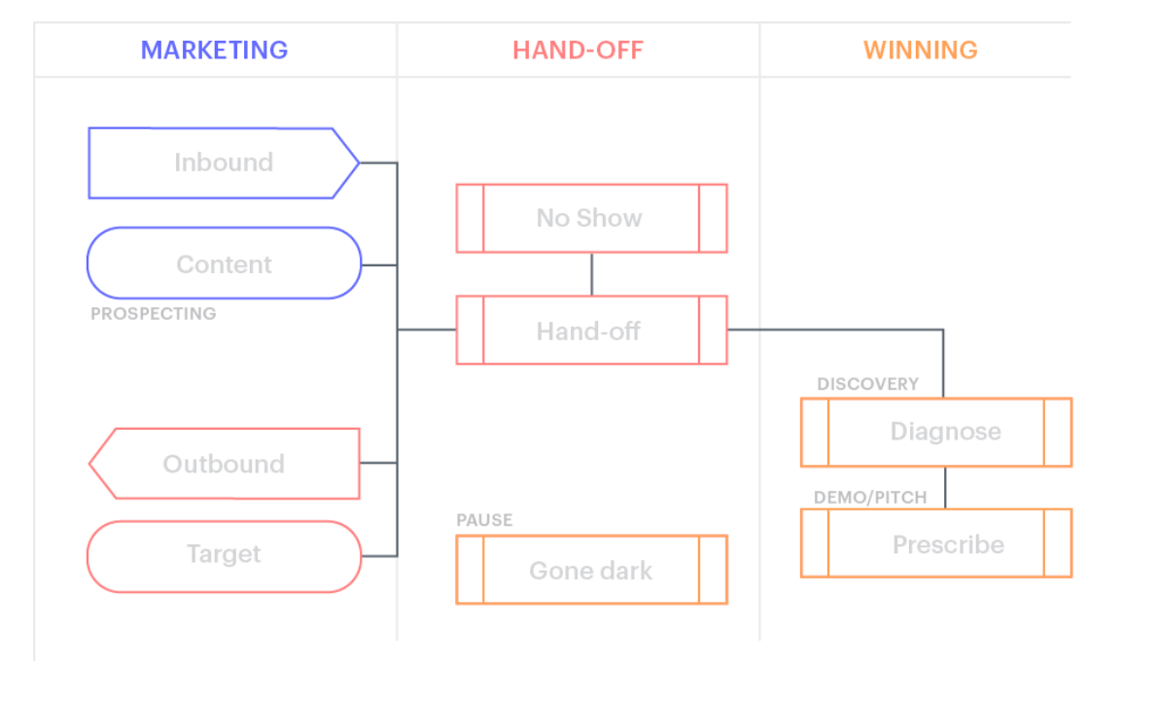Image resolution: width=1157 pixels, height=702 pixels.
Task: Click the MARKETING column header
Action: [x=214, y=50]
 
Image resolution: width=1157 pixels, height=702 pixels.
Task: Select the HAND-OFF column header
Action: [x=578, y=50]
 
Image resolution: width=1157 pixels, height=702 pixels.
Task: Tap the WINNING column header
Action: [x=920, y=50]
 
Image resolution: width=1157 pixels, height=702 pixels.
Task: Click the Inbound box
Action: [x=223, y=162]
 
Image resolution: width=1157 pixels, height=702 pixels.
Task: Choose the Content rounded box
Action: [x=224, y=263]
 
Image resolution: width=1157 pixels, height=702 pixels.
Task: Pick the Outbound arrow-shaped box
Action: [x=224, y=464]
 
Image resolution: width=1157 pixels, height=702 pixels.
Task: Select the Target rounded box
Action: [x=224, y=555]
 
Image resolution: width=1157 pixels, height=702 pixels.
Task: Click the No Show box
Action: [x=590, y=218]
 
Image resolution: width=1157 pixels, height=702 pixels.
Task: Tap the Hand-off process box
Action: [x=590, y=331]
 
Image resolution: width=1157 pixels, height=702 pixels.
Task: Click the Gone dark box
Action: [x=590, y=570]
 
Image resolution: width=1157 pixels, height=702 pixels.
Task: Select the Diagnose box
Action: [x=935, y=432]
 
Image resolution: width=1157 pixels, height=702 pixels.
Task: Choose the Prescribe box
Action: [x=935, y=544]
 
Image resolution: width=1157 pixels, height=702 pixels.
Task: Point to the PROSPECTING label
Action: [x=153, y=314]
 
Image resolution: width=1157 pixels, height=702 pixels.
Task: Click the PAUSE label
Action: [x=484, y=520]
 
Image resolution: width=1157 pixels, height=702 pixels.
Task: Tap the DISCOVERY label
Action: [x=866, y=384]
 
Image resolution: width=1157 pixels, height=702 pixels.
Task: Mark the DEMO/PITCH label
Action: [x=869, y=498]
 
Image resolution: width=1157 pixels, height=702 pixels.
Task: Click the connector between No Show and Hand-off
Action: [x=591, y=274]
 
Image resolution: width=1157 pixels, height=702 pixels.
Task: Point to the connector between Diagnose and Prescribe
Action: [x=944, y=488]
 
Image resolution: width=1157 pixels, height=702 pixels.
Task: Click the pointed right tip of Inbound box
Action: [x=355, y=163]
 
